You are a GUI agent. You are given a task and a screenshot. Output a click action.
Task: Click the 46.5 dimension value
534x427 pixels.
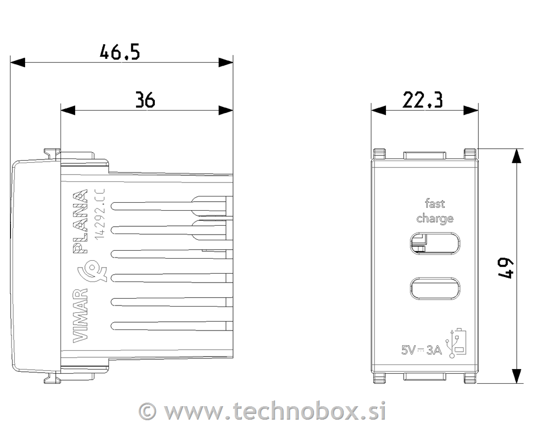tap(119, 52)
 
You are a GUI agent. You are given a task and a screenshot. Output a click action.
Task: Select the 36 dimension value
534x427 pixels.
tap(145, 100)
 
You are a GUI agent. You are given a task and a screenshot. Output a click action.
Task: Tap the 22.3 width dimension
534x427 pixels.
tap(422, 100)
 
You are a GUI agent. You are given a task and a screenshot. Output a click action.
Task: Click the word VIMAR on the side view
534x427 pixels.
tap(81, 315)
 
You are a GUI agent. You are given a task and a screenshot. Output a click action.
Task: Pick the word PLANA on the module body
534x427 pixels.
tap(81, 222)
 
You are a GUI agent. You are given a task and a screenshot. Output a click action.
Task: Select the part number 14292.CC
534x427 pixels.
tap(100, 214)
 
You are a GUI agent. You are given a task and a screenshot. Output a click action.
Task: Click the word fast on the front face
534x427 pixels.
tap(435, 204)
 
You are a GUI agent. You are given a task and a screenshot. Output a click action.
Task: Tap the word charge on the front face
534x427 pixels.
tap(435, 218)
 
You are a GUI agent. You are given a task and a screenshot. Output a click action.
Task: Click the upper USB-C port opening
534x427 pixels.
tap(435, 243)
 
